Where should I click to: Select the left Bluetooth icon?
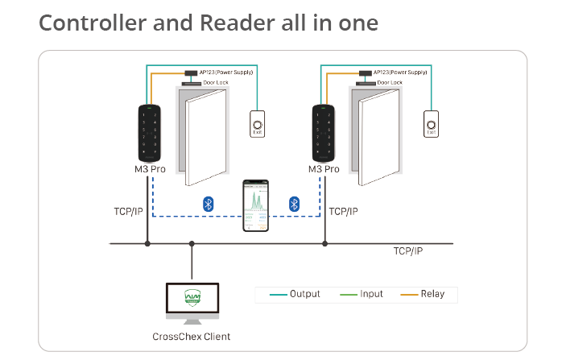coord(207,204)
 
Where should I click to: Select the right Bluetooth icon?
coord(294,204)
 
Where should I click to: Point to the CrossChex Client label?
coord(191,336)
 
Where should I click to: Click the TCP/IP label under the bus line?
coord(408,251)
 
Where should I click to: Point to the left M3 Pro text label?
coord(150,169)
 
